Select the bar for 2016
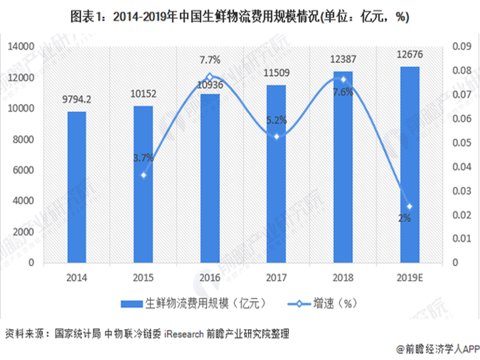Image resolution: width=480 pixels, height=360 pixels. pos(210,178)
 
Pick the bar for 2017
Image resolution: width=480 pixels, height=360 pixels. pos(276,173)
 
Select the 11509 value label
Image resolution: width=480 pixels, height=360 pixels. pos(276,74)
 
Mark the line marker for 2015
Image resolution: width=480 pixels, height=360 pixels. pos(143,175)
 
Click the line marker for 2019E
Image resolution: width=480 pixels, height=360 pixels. pos(409,207)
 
